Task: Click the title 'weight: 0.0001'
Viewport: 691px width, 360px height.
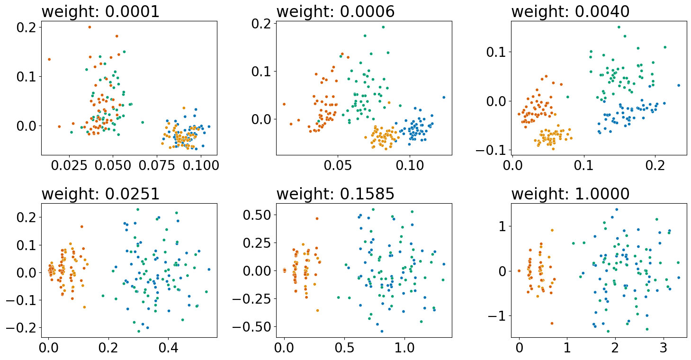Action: (100, 11)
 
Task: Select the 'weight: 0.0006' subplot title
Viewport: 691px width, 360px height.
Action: (335, 11)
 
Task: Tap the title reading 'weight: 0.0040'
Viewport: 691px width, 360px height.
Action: (570, 11)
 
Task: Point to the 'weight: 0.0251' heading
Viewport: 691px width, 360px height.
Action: (100, 194)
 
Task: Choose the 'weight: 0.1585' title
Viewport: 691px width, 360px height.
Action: (335, 194)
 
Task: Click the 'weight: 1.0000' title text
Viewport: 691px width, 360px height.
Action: (570, 194)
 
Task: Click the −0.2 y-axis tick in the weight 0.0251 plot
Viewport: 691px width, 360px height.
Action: (24, 327)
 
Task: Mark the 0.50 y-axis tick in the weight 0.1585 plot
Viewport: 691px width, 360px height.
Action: (258, 215)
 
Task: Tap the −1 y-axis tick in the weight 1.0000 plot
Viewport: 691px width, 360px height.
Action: (498, 315)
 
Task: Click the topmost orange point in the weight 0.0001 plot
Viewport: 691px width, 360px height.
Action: (90, 27)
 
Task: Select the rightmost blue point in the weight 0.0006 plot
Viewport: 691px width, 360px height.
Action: (444, 97)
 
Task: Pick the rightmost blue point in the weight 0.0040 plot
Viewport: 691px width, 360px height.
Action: (679, 85)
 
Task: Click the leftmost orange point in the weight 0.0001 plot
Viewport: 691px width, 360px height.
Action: (49, 59)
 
